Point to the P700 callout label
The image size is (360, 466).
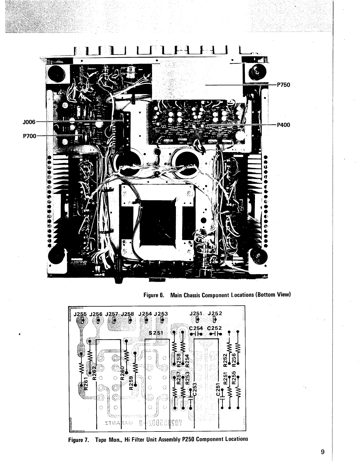coord(29,136)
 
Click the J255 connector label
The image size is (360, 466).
coord(80,313)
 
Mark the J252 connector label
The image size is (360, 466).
coord(215,313)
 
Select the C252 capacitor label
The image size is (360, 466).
coord(214,328)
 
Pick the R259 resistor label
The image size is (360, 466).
coord(131,383)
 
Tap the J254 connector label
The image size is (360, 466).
coord(145,313)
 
